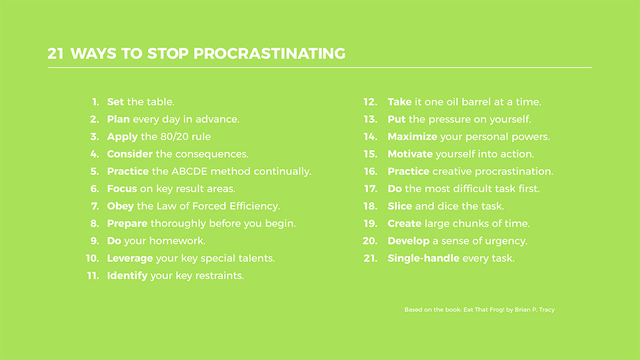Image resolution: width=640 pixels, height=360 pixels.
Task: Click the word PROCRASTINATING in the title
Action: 269,53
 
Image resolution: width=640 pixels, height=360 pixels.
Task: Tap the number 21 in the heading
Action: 55,53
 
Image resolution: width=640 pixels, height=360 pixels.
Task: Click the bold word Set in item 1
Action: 115,102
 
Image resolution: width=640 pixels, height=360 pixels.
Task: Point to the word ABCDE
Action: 189,171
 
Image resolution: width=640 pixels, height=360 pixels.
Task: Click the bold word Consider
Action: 130,154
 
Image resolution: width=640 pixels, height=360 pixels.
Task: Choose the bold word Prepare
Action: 127,223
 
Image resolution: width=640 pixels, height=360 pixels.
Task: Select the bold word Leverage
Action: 130,259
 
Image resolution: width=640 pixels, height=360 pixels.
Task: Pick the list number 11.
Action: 93,276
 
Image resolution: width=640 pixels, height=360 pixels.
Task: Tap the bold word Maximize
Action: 412,137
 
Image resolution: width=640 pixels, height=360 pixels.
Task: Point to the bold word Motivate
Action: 410,154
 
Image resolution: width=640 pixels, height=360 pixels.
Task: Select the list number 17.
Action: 371,189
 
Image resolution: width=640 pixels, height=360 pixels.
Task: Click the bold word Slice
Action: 399,206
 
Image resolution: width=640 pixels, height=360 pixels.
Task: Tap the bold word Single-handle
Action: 423,258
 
